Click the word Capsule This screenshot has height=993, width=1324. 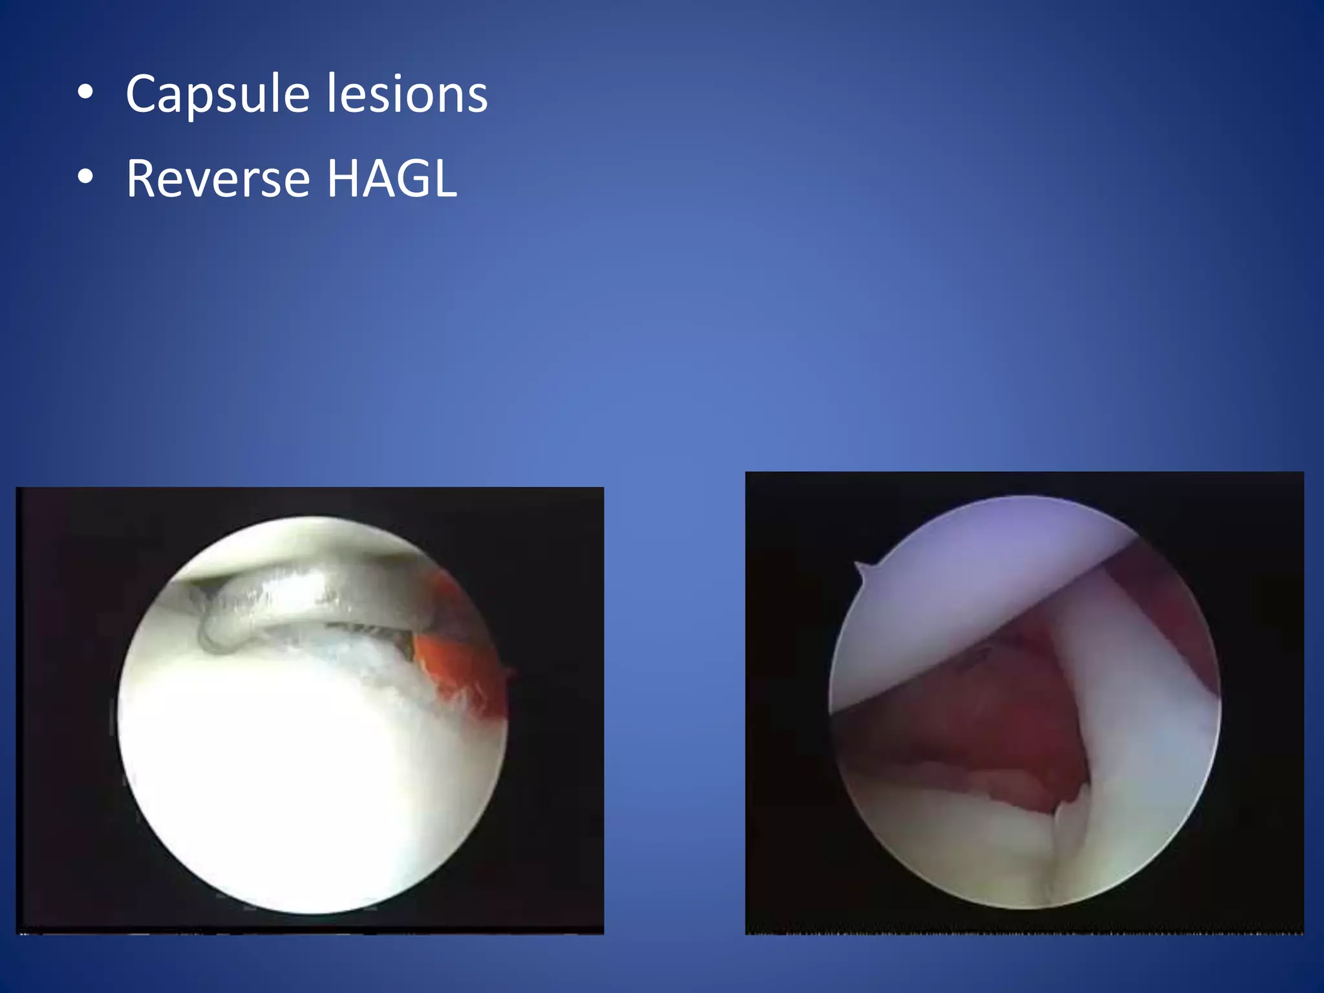(x=217, y=94)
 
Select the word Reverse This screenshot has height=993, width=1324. (x=218, y=178)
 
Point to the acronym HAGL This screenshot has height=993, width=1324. (x=392, y=178)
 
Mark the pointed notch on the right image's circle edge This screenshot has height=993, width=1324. (x=861, y=568)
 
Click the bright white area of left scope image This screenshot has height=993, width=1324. (x=291, y=776)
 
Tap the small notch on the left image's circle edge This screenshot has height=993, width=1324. (x=509, y=672)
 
